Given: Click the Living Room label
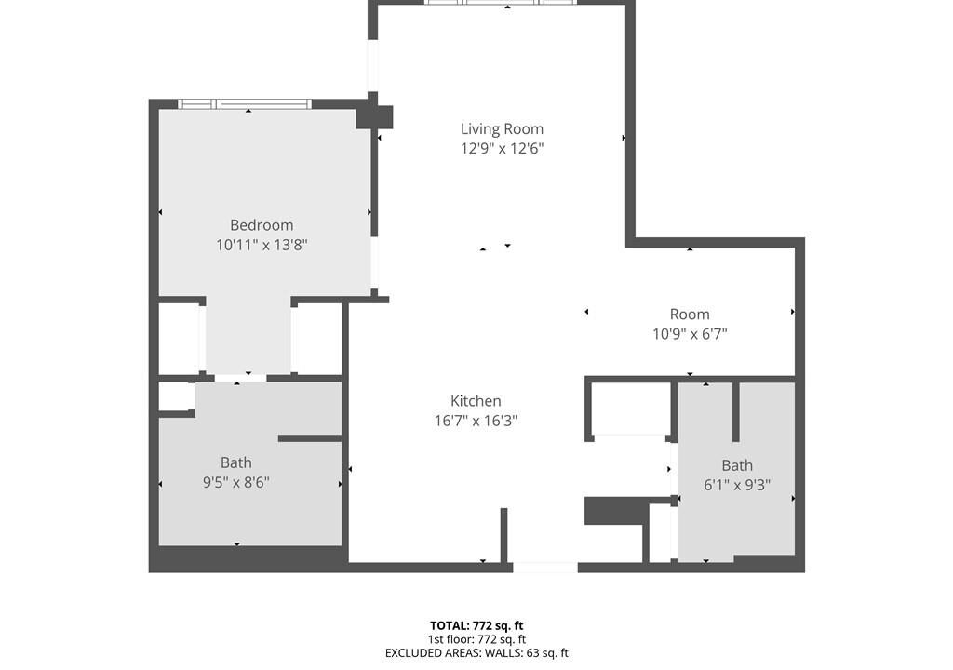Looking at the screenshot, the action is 502,129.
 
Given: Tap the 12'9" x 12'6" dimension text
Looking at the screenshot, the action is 502,148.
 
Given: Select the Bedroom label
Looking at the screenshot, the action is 262,225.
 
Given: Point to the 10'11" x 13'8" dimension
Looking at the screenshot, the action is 262,245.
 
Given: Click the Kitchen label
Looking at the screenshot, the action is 476,401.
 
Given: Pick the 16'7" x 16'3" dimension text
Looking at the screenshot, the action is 476,421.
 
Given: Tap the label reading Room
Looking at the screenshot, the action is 690,315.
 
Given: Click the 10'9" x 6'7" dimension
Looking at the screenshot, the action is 690,334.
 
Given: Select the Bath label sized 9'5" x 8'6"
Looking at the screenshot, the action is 235,462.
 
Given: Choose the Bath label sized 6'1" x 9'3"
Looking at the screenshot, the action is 737,465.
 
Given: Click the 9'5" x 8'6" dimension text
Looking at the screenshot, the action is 235,483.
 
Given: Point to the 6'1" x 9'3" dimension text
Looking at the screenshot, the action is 737,485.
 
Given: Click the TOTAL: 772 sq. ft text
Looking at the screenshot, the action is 476,625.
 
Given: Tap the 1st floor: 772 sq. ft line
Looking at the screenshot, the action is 476,639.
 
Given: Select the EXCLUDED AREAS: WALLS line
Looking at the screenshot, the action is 476,653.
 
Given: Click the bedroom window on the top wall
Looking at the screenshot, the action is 245,104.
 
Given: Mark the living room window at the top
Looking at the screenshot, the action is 500,3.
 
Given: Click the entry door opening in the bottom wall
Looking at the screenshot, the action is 545,568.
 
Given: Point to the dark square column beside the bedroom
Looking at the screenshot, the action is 374,116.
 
